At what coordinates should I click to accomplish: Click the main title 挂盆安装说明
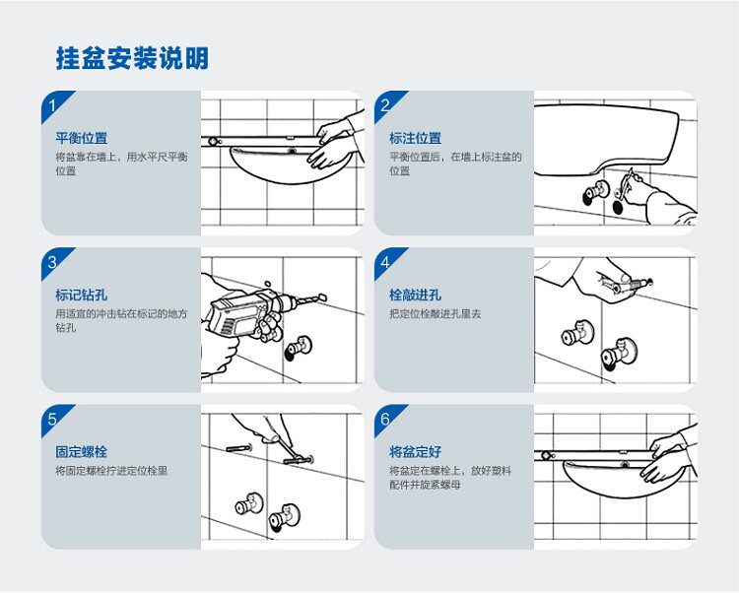[x=132, y=58]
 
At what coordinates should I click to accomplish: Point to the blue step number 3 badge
[x=53, y=261]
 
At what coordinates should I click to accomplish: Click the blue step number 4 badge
[x=386, y=261]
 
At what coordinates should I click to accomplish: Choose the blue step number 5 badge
[x=53, y=420]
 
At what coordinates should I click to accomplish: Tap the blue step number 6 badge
[x=386, y=420]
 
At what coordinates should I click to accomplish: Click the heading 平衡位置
[x=81, y=138]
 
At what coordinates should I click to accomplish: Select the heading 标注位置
[x=415, y=138]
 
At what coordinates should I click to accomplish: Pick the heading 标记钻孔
[x=81, y=295]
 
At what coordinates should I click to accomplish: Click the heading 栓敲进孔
[x=415, y=295]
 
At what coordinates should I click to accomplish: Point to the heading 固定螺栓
[x=81, y=453]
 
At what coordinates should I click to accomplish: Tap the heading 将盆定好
[x=415, y=453]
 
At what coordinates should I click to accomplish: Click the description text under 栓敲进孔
[x=435, y=314]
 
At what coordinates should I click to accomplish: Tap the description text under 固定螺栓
[x=111, y=472]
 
